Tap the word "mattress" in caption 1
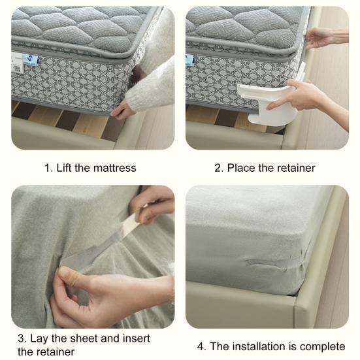click(114, 168)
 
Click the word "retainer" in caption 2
click(294, 168)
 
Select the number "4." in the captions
click(201, 346)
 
